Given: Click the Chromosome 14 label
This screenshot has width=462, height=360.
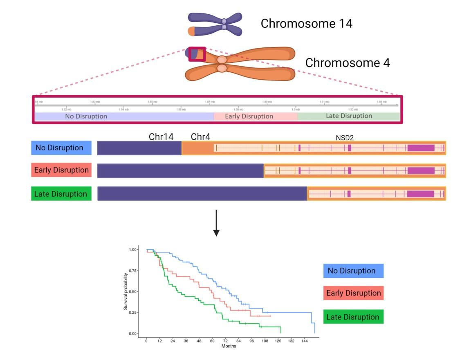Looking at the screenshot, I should point(306,24).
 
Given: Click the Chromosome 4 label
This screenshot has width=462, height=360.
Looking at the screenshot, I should point(347,63).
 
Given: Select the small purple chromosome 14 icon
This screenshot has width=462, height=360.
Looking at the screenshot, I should point(215,24).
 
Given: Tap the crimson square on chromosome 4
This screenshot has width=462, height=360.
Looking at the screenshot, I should point(197,54).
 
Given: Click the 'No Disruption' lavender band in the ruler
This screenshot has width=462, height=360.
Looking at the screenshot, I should point(124,116).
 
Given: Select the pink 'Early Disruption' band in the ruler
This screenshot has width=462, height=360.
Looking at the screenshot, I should point(256,116).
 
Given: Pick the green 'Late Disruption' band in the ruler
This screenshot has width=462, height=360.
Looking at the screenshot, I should point(348,116).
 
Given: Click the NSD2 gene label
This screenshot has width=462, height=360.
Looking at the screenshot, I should point(345,138).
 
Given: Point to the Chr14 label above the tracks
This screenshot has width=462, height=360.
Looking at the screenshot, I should point(161,137).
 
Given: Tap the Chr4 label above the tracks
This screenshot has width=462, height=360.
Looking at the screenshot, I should point(200,137).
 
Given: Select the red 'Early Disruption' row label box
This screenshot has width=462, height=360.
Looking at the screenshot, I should point(61,170).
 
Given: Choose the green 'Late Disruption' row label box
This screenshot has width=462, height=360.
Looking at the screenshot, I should point(61,194).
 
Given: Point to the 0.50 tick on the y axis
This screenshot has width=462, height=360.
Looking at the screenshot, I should point(134,291).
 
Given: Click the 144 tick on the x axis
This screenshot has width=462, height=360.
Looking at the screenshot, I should point(304,340).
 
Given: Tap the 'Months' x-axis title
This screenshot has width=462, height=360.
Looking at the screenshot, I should point(229,346).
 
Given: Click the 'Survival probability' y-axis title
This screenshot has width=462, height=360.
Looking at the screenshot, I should point(126,291).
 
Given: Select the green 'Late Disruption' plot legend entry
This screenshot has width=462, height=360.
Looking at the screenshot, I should point(353,317).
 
